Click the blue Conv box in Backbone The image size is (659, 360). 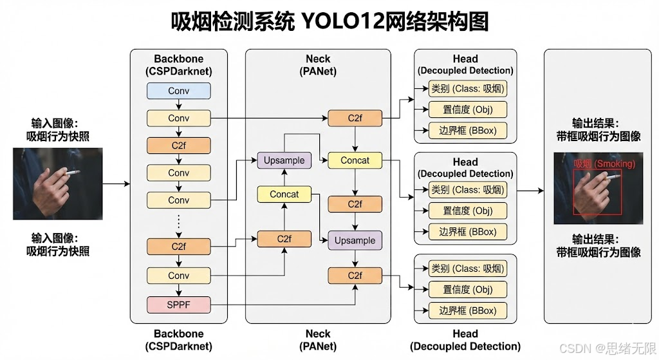[x=179, y=91]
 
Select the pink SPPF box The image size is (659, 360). [x=179, y=304]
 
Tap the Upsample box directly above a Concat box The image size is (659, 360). [x=284, y=160]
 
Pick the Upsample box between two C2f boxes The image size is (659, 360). [x=355, y=240]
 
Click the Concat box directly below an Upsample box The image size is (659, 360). [x=284, y=194]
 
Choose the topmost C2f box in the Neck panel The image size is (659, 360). [x=355, y=118]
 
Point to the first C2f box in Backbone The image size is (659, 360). [x=179, y=146]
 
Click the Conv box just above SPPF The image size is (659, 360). [x=179, y=276]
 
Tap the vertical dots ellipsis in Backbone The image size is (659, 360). [x=179, y=223]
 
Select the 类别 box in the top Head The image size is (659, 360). [x=468, y=88]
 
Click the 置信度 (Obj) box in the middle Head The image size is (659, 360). [x=468, y=211]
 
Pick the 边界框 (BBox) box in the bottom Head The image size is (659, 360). [x=468, y=310]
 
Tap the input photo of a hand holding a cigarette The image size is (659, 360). [x=58, y=184]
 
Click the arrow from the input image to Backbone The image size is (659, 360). [x=116, y=184]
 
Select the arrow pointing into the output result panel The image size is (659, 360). [x=530, y=191]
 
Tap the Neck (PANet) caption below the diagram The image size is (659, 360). [x=318, y=340]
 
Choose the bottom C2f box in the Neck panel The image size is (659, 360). [x=355, y=276]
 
